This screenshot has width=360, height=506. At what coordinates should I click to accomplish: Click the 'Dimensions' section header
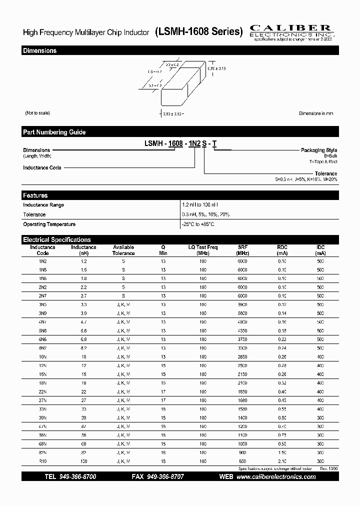click(x=39, y=50)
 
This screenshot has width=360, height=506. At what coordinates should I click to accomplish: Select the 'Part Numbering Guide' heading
click(x=54, y=132)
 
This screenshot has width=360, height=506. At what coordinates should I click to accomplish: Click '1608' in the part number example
click(x=175, y=144)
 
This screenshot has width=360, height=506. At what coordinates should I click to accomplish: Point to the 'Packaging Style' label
click(x=318, y=150)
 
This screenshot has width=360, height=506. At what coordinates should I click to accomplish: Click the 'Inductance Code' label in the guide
click(x=42, y=167)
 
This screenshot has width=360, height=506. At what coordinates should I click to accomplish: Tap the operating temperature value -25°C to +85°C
click(x=198, y=224)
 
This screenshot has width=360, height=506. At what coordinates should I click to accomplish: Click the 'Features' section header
click(x=35, y=195)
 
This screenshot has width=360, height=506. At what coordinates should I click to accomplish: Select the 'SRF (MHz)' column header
click(x=242, y=250)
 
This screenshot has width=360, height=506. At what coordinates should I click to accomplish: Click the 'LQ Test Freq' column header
click(x=202, y=250)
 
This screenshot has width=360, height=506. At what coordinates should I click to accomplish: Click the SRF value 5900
click(x=242, y=304)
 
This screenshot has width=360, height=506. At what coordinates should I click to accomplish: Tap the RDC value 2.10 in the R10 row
click(x=282, y=460)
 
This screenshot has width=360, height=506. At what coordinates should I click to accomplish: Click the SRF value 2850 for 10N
click(x=242, y=356)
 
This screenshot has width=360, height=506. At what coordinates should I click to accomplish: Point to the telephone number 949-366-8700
click(x=77, y=477)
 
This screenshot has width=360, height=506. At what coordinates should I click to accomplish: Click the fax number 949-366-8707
click(x=165, y=477)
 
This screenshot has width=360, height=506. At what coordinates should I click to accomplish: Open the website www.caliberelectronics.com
click(x=276, y=477)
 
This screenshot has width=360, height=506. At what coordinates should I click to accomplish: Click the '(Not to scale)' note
click(x=37, y=113)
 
